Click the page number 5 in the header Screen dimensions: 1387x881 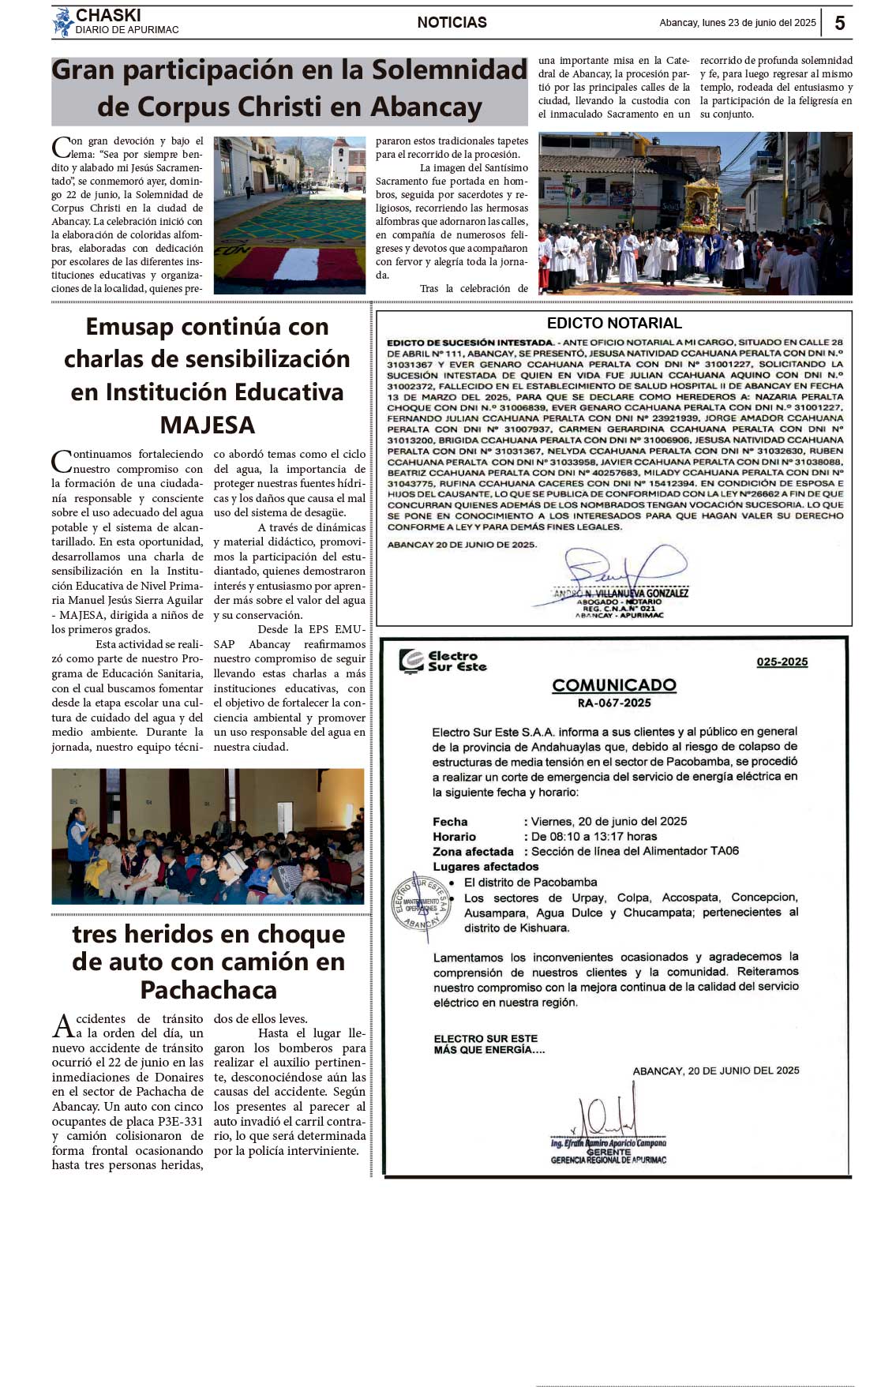pos(839,23)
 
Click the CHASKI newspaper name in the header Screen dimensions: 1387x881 pos(108,16)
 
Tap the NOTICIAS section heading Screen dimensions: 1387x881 pos(452,23)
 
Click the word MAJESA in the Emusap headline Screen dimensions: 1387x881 pos(208,425)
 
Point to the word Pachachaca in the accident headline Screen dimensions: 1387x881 pos(208,989)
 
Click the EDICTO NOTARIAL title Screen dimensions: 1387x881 pos(614,323)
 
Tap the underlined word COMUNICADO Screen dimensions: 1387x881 pos(614,684)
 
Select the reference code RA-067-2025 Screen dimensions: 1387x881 pos(614,703)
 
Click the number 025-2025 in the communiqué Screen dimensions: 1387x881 pos(782,662)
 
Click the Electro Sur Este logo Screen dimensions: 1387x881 pos(443,661)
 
